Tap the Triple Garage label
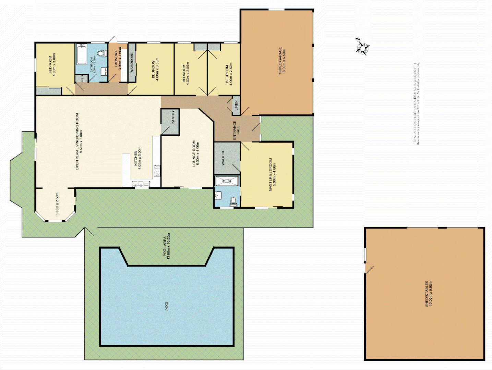click(x=282, y=61)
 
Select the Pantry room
click(x=170, y=122)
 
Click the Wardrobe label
click(x=132, y=62)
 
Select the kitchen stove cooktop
click(x=157, y=170)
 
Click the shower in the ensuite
click(x=227, y=181)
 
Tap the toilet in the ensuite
click(x=233, y=200)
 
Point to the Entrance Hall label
click(x=237, y=130)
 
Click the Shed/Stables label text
click(x=429, y=294)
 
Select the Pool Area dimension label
click(x=167, y=246)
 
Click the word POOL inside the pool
click(x=167, y=306)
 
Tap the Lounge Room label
click(x=195, y=153)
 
